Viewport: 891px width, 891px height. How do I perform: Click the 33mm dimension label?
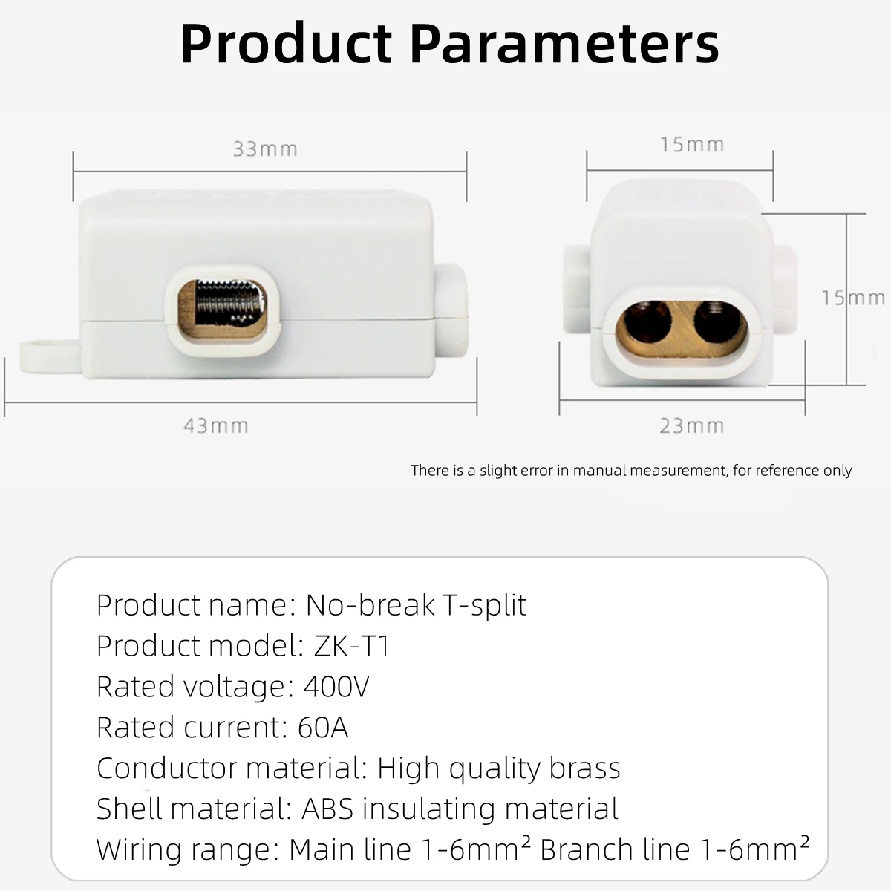(265, 149)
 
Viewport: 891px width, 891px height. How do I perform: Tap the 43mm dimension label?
(215, 426)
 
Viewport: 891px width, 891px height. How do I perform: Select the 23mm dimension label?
(691, 426)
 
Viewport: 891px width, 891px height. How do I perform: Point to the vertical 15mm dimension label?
(852, 298)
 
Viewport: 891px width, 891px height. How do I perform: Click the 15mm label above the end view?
(692, 145)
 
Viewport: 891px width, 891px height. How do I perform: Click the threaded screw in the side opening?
(223, 304)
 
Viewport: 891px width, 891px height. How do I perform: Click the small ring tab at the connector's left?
(46, 355)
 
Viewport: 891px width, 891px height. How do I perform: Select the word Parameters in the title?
(564, 45)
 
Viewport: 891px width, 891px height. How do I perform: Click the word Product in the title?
(287, 45)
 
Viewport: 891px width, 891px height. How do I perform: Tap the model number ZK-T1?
(352, 646)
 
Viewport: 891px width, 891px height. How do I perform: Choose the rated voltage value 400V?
(336, 687)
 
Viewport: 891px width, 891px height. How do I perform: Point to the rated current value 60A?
(323, 728)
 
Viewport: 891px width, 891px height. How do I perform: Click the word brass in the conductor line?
(584, 768)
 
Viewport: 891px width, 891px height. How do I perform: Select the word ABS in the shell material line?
(328, 809)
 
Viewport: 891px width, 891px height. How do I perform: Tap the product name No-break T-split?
(416, 605)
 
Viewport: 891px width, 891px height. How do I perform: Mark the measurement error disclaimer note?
(631, 471)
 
